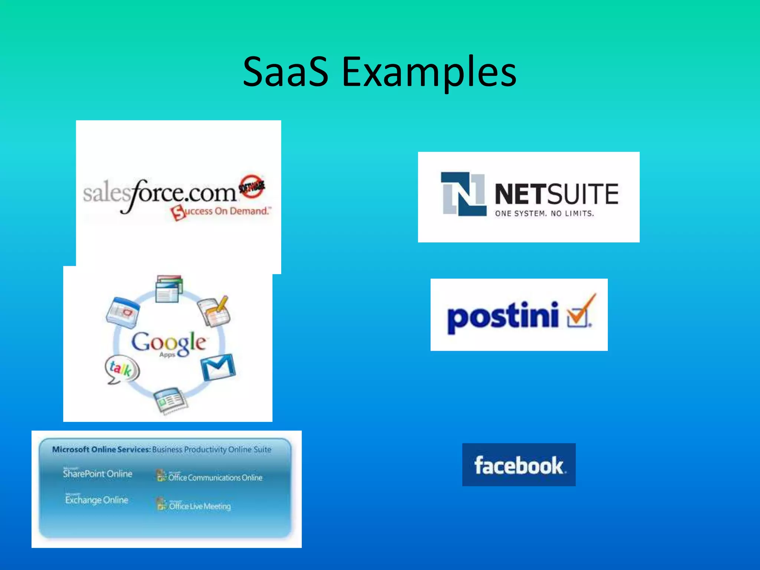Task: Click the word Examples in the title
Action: [x=429, y=72]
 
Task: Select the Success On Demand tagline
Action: [x=221, y=212]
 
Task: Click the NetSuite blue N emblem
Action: [x=463, y=194]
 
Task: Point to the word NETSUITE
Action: [x=556, y=194]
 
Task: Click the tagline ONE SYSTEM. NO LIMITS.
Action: [x=544, y=213]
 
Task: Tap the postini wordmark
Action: [x=503, y=316]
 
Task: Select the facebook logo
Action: [x=519, y=465]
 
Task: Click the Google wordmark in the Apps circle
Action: [x=169, y=342]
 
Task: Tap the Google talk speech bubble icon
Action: [x=122, y=370]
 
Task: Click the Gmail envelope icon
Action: [x=218, y=367]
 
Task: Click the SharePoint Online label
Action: [x=98, y=474]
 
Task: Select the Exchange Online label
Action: [x=96, y=500]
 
